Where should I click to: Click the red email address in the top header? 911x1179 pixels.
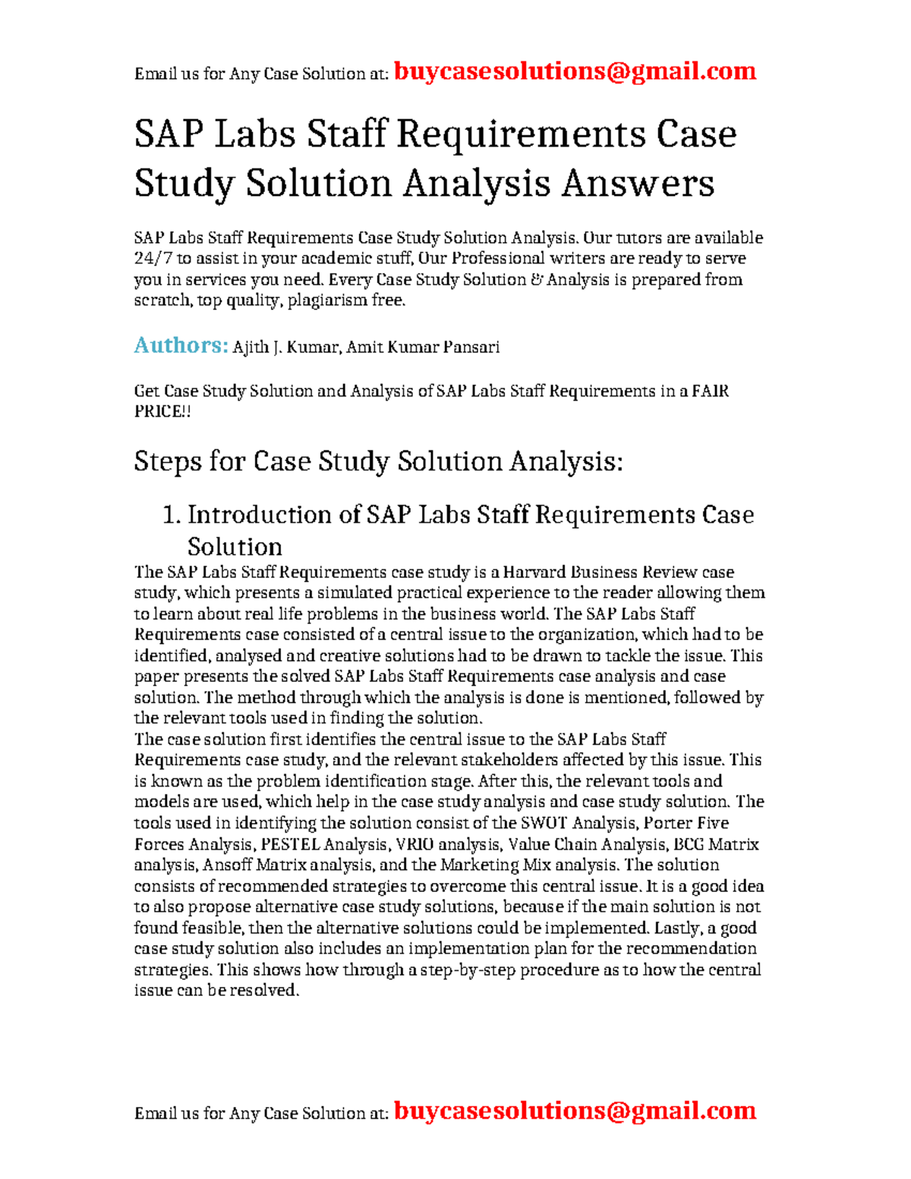click(575, 71)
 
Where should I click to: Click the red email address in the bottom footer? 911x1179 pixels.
click(575, 1111)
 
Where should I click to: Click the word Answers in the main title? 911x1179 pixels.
click(638, 183)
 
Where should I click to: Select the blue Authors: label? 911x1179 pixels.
click(181, 346)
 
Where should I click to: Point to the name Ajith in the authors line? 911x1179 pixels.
click(251, 348)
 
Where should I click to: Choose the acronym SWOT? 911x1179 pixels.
click(545, 823)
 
